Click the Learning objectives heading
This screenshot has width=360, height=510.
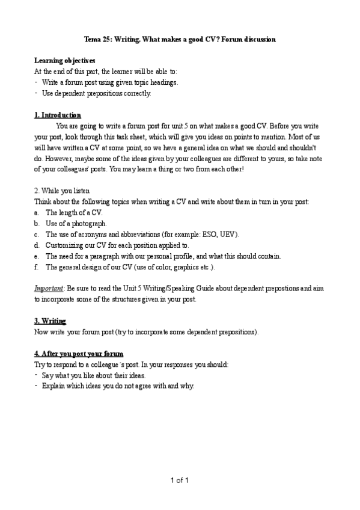click(x=64, y=61)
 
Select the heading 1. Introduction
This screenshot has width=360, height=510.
click(x=58, y=115)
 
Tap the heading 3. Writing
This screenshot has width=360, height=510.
click(x=50, y=321)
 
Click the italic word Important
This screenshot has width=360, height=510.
click(x=49, y=288)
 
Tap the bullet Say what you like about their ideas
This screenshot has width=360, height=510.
click(x=94, y=375)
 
